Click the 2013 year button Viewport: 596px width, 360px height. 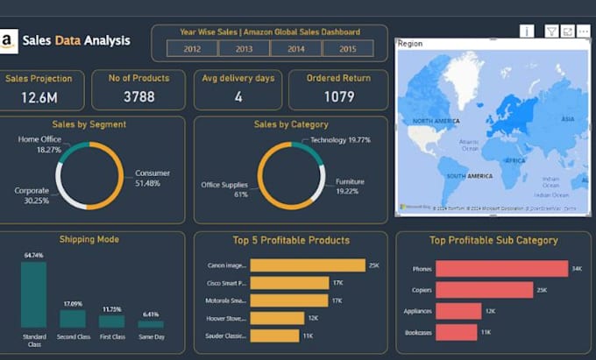[x=243, y=48]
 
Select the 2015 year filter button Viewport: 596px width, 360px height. [x=348, y=48]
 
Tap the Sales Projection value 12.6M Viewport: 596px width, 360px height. [x=39, y=97]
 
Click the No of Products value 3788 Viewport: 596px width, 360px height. [x=138, y=97]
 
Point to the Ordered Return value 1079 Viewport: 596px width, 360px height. [x=338, y=97]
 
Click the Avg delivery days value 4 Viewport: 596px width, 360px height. [x=238, y=97]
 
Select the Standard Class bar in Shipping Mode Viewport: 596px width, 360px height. [x=34, y=294]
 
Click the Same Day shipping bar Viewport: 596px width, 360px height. [x=150, y=323]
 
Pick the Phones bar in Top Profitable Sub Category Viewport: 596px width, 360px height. [x=501, y=269]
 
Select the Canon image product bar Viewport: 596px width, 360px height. [x=308, y=265]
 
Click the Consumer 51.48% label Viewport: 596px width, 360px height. [x=153, y=178]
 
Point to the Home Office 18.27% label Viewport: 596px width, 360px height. [x=39, y=145]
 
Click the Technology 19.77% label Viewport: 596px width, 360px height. [x=340, y=139]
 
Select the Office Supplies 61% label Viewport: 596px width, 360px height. [x=224, y=189]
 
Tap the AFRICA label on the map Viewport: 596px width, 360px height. [x=514, y=160]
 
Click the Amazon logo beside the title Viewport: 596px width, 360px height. [x=9, y=40]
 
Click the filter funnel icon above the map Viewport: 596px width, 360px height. [x=551, y=31]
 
